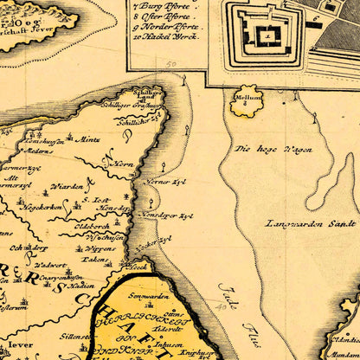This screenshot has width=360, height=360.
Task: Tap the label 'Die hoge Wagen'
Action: coord(273,149)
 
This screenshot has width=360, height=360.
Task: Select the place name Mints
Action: coord(89,138)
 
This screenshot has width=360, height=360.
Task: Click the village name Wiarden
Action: coord(67,186)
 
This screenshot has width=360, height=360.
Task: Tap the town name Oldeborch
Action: coord(92,226)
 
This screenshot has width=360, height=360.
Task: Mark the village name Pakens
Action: coord(95,259)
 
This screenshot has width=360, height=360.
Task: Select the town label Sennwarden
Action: coord(146,298)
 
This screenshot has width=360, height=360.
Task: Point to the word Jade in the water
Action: coord(227,295)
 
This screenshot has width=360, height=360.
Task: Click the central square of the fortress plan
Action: coord(269,35)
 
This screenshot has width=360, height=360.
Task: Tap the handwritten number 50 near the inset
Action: coord(170,64)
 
